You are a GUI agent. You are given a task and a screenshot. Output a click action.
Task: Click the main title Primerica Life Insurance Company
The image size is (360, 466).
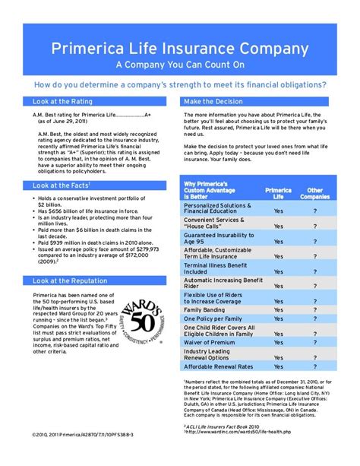[180, 49]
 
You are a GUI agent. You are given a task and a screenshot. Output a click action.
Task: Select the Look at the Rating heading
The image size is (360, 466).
[61, 101]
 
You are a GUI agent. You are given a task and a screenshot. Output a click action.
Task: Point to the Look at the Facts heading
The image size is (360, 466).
[60, 185]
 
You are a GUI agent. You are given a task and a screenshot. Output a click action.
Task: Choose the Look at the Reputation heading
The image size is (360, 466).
[67, 281]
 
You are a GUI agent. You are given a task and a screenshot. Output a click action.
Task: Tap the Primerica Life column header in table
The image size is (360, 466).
[278, 193]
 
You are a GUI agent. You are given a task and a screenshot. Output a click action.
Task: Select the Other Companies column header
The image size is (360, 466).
[314, 193]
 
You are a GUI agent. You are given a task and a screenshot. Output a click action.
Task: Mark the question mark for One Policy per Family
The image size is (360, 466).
[314, 321]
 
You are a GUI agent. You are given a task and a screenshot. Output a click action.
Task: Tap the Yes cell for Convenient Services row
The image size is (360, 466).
[278, 226]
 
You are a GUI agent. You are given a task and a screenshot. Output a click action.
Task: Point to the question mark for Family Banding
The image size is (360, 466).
[314, 310]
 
